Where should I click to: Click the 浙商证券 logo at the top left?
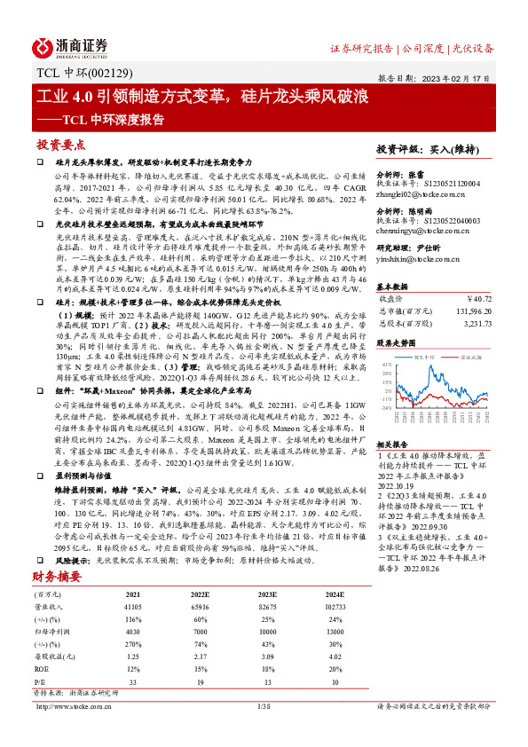pos(71,46)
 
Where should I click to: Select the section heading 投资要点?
pos(60,144)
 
